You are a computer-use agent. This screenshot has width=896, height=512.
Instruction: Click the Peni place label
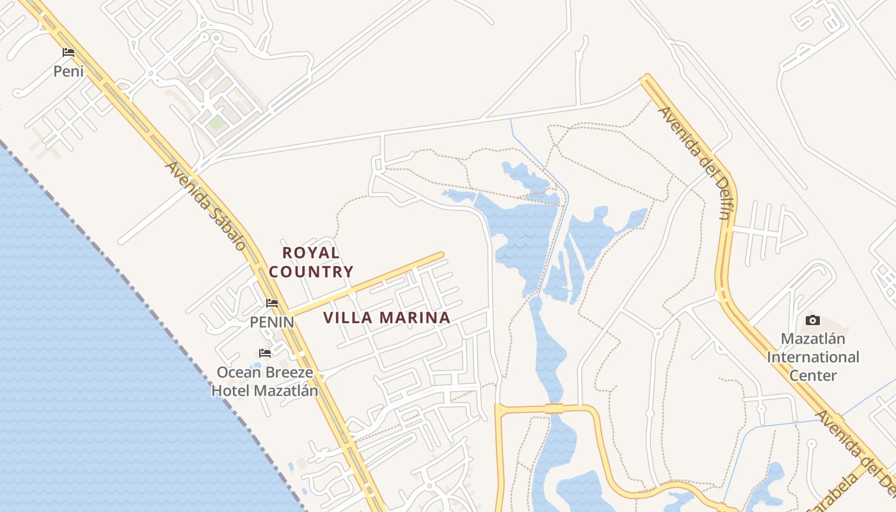click(x=68, y=71)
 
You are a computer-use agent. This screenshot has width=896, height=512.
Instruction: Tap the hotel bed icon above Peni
click(x=68, y=52)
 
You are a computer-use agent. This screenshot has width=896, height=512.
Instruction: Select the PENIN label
click(x=272, y=322)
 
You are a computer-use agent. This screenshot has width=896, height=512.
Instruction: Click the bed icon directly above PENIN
click(x=272, y=303)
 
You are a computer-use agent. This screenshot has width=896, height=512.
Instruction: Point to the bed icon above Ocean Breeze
click(x=264, y=353)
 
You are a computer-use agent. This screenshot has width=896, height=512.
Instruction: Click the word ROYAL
click(x=311, y=253)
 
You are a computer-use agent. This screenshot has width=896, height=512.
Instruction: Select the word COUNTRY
click(x=311, y=271)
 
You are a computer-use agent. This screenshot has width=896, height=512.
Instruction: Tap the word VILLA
click(x=349, y=317)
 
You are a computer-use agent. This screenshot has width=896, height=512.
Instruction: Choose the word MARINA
click(x=415, y=317)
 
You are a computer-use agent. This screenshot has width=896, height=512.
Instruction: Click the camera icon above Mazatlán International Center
click(x=813, y=320)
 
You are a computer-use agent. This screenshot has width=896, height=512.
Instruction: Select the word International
click(x=813, y=357)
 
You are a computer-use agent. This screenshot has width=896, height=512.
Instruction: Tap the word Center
click(x=813, y=375)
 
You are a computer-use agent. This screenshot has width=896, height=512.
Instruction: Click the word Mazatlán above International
click(x=813, y=339)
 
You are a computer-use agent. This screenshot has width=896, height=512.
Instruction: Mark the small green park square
click(x=217, y=122)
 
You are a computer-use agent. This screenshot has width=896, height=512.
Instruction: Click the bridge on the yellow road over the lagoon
click(x=554, y=408)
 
